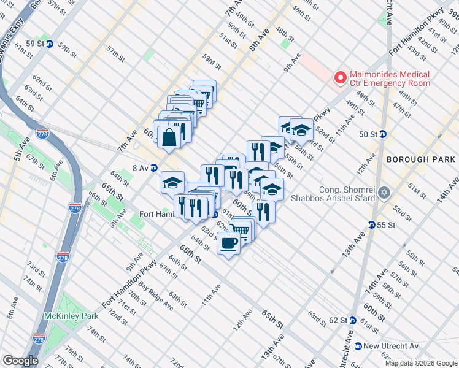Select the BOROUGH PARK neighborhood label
tap(420, 159)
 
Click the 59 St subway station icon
tap(50, 44)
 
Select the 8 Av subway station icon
tap(155, 167)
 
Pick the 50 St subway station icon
tap(382, 134)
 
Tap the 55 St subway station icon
tap(372, 225)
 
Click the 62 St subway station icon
tap(352, 320)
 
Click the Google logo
tap(20, 360)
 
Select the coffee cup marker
tap(228, 243)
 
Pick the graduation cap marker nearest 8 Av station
tap(173, 182)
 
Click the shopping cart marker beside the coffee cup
tap(241, 231)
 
